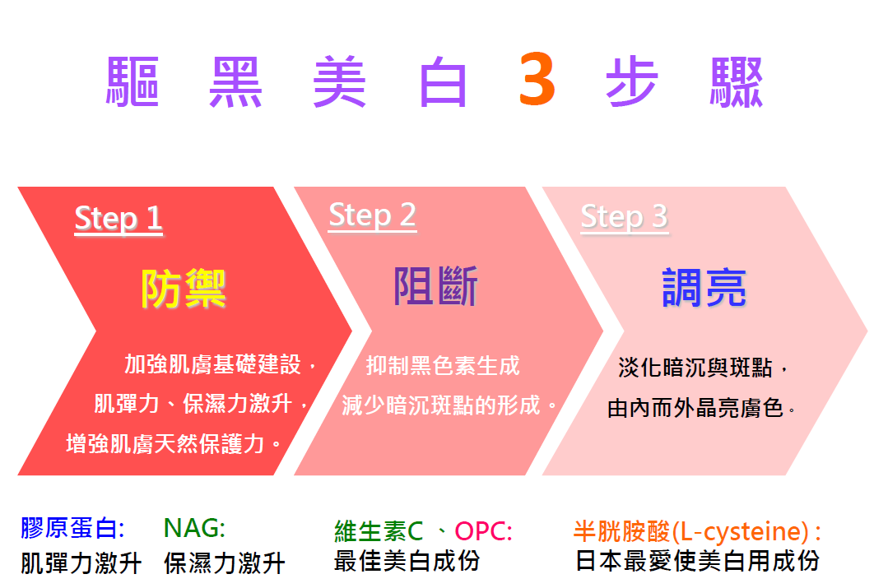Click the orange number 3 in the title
tap(537, 79)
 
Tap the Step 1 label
tap(119, 219)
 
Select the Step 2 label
tap(372, 215)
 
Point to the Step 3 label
tap(624, 216)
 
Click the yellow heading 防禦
tap(184, 289)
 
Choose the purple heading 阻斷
tap(435, 286)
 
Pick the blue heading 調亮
tap(704, 288)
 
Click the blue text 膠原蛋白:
tap(72, 528)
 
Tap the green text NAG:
tap(194, 528)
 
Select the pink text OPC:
tap(484, 530)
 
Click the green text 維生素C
tap(379, 531)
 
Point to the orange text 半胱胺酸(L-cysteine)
tap(691, 531)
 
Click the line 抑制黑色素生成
tap(443, 366)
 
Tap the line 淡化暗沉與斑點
tap(695, 368)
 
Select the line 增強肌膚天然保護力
tap(165, 444)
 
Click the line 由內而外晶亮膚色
tap(695, 407)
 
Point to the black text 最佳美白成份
tap(407, 562)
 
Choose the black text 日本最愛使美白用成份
tap(697, 562)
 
